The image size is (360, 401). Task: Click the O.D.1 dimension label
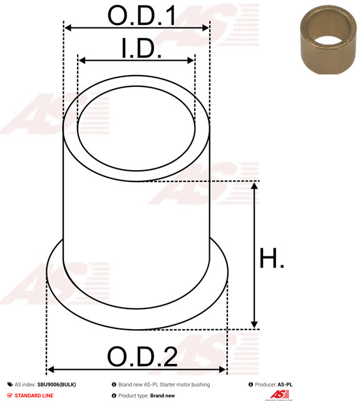tap(142, 15)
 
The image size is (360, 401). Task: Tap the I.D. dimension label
tap(141, 48)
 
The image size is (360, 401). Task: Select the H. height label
tap(272, 258)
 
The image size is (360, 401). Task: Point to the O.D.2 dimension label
tap(142, 356)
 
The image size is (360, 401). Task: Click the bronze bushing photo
tap(328, 39)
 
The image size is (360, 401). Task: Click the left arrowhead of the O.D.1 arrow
tap(67, 28)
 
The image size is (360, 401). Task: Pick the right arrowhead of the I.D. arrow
tap(191, 61)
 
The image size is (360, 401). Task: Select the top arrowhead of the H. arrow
tap(254, 186)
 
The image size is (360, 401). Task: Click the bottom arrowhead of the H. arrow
tap(254, 325)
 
